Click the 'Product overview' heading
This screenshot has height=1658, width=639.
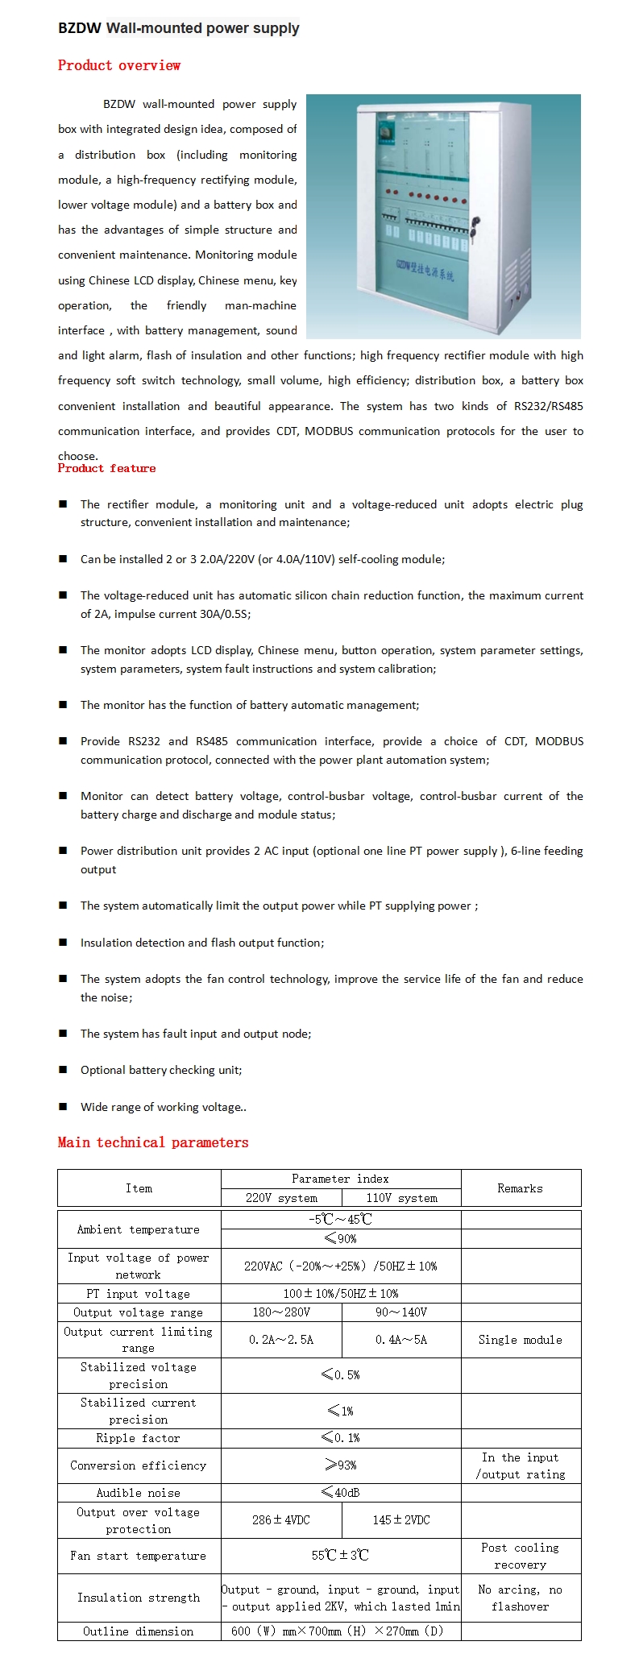pos(119,65)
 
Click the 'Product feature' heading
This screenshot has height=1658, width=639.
pos(106,468)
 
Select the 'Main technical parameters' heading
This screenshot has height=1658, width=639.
pos(153,1142)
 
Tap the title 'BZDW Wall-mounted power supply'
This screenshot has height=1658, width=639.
pos(178,28)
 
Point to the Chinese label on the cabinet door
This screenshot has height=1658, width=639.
pos(425,271)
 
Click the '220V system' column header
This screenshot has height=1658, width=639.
pos(281,1198)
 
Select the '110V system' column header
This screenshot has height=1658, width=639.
pos(401,1198)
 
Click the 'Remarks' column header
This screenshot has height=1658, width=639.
pos(520,1188)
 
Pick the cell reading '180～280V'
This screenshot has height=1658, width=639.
pos(281,1312)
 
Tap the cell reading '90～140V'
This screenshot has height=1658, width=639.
pos(401,1312)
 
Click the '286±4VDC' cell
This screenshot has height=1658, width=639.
pos(281,1519)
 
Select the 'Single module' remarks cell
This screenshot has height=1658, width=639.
pos(520,1340)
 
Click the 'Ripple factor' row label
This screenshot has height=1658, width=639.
pos(139,1438)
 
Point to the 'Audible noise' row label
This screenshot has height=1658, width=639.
pos(139,1493)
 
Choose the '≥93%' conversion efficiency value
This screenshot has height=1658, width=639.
pos(341,1465)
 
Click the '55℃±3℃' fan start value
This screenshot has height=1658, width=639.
pos(341,1556)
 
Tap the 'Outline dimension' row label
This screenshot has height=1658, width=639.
pos(139,1631)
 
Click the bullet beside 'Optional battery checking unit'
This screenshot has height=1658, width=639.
pos(63,1070)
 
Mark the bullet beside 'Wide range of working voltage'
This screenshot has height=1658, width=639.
pos(63,1107)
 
